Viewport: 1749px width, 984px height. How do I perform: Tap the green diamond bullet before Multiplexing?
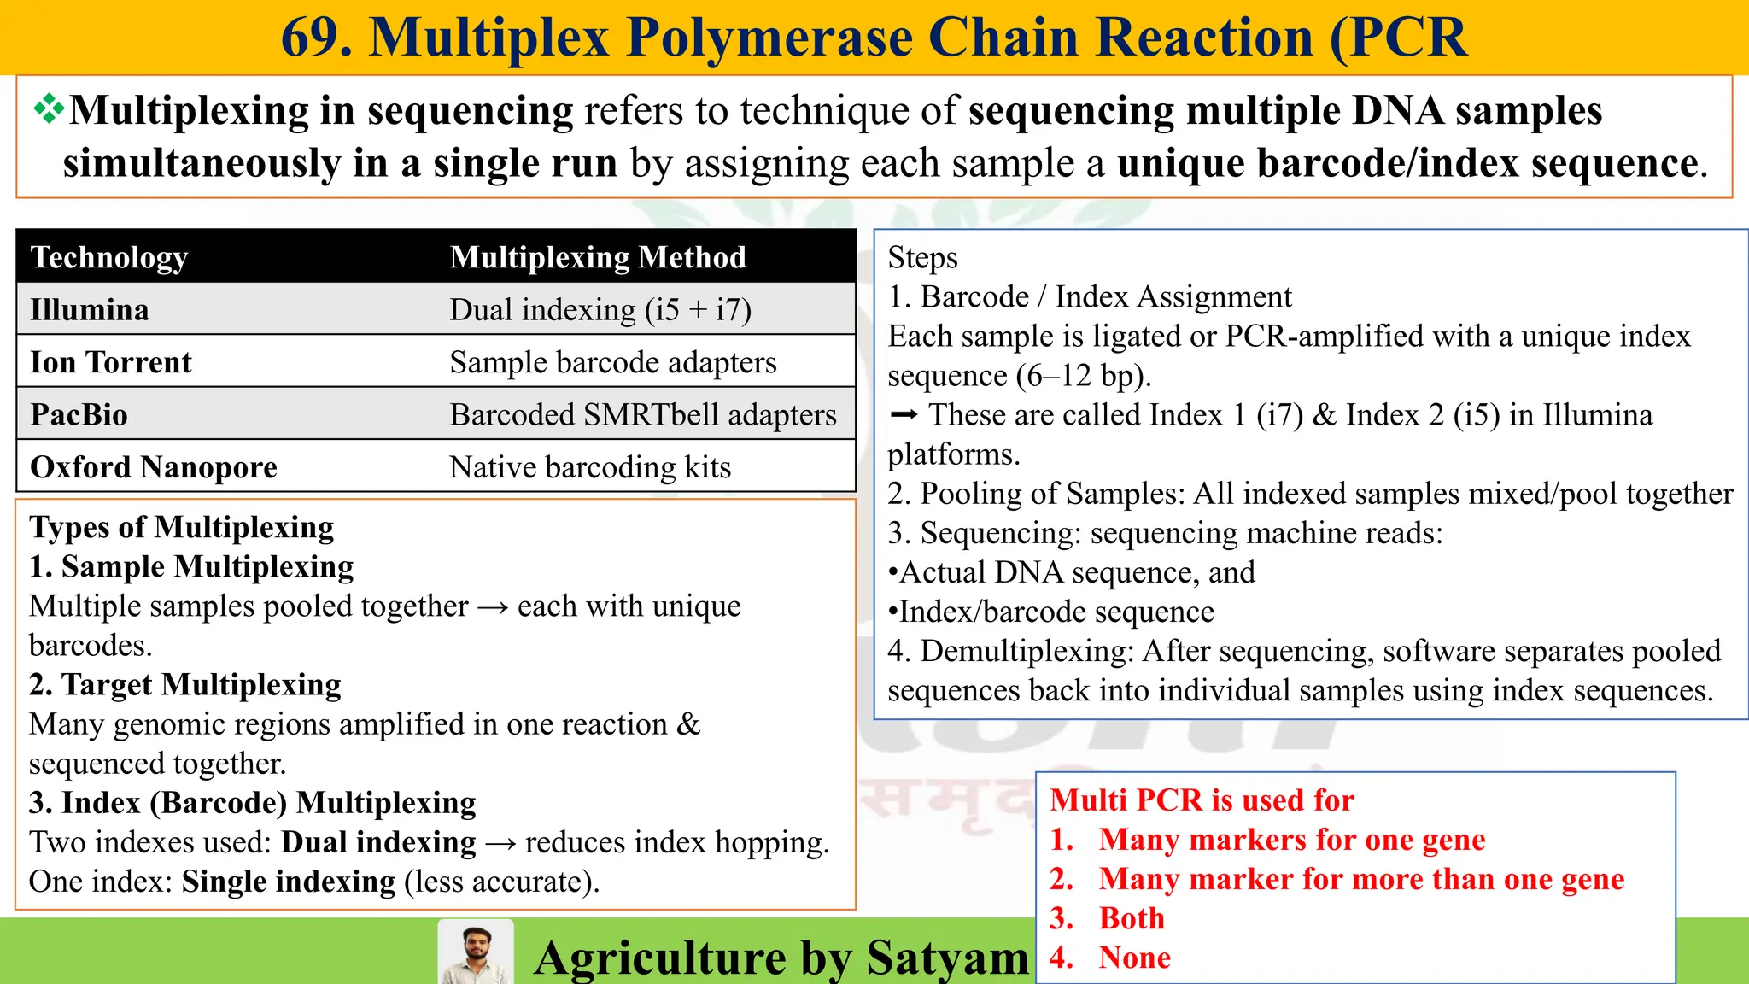(x=49, y=109)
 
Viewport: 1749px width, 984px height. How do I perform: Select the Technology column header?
(x=109, y=257)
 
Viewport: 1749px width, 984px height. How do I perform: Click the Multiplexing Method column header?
(x=598, y=257)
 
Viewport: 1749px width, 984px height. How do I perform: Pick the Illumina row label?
(x=90, y=309)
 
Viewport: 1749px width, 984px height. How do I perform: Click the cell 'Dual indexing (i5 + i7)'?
(x=600, y=309)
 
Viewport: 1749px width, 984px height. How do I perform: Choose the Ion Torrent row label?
(x=111, y=362)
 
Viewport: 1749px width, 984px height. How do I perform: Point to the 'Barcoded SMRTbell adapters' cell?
(x=643, y=415)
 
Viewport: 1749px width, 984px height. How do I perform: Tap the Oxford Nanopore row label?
(x=154, y=467)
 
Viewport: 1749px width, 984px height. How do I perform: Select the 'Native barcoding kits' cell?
(x=590, y=467)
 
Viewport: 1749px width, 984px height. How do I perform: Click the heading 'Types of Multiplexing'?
(x=182, y=527)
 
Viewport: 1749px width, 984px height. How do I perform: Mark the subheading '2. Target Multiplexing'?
(x=185, y=685)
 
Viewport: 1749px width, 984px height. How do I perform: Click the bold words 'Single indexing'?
(x=289, y=881)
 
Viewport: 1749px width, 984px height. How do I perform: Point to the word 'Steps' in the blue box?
(x=922, y=258)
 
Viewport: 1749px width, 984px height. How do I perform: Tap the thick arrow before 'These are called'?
(x=904, y=415)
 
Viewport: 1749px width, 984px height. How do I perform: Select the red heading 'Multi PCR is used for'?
(x=1202, y=800)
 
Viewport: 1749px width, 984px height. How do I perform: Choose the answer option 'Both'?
(x=1132, y=918)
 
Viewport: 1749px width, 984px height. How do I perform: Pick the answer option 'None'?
(x=1134, y=958)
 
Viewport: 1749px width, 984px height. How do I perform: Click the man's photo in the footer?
(x=476, y=952)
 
